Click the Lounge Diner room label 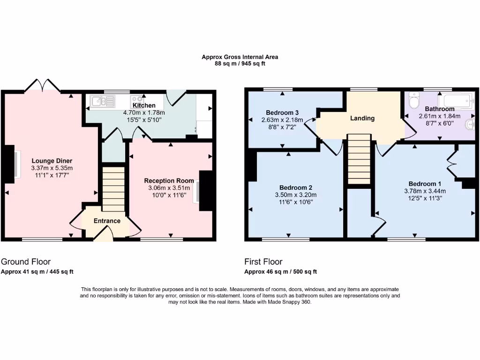[52, 161]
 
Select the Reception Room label [169, 180]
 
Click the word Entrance [107, 221]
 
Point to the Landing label [362, 118]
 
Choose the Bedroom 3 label [282, 112]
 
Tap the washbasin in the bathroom [471, 125]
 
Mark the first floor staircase [360, 159]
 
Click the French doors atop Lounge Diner [43, 86]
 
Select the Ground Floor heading [26, 262]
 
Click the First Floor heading [263, 262]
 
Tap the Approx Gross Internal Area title [240, 57]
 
